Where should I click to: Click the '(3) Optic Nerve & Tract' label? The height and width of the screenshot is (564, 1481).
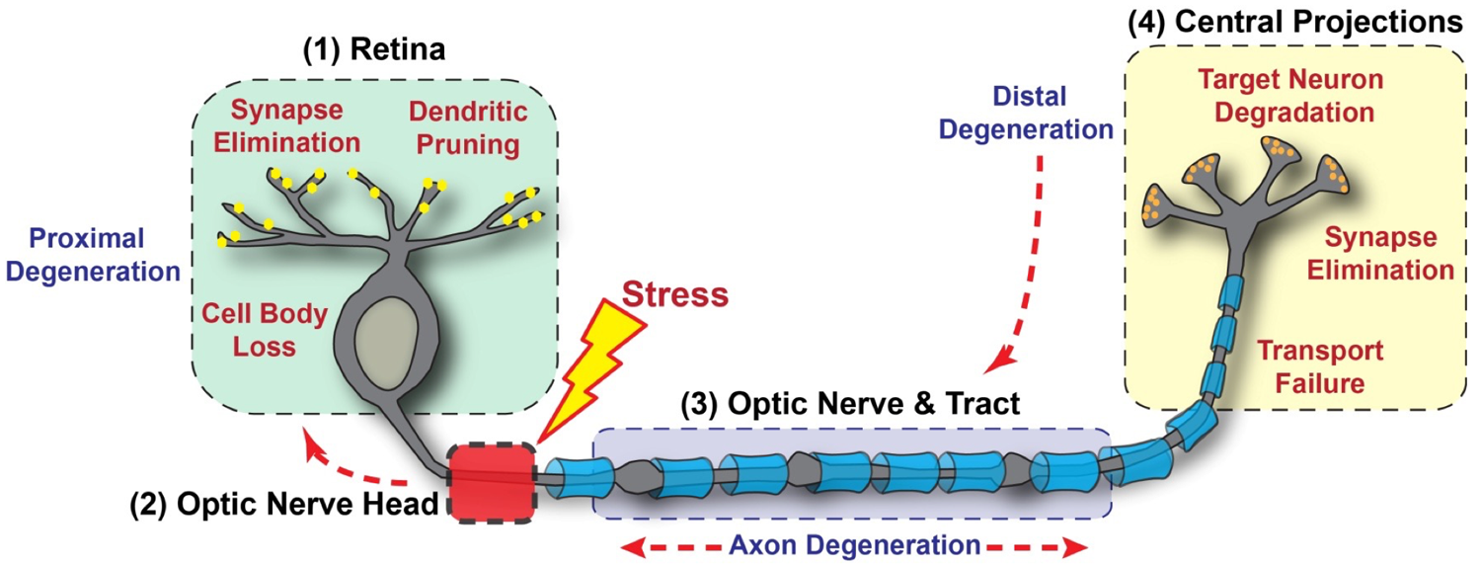[848, 404]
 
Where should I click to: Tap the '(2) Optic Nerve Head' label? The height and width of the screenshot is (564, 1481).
[284, 506]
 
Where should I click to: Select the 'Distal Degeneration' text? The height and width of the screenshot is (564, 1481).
[1028, 113]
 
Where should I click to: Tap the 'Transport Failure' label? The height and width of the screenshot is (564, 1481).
[1319, 366]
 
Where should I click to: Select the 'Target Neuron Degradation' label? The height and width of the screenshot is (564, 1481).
[1293, 95]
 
